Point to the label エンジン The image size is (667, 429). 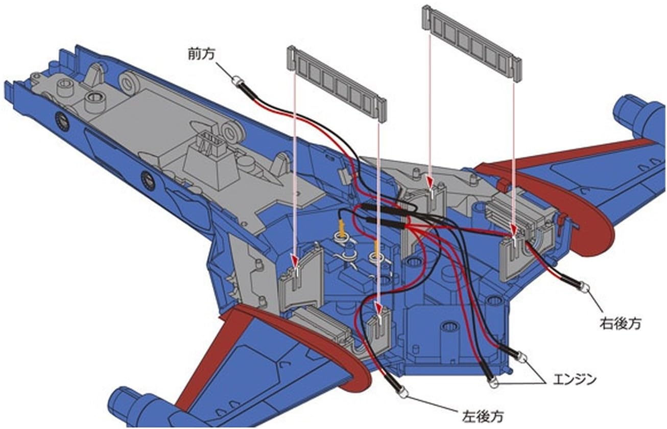tap(574, 380)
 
